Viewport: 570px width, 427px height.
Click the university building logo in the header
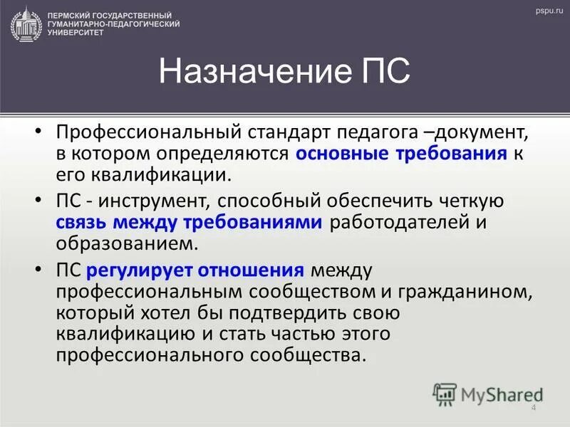coord(26,23)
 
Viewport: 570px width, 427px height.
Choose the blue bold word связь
coord(84,222)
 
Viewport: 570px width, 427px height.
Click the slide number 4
coord(534,407)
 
